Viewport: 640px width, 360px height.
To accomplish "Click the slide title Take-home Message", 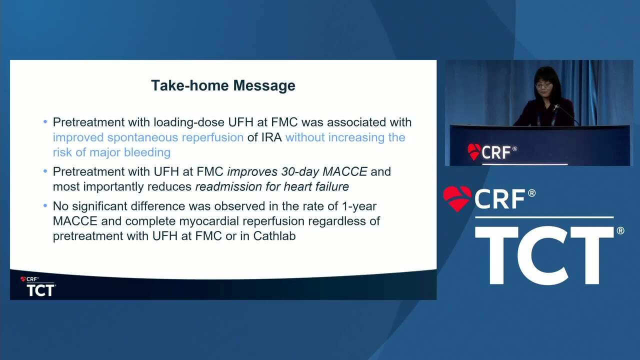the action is coord(223,85).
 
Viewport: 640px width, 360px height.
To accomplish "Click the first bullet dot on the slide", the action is coord(45,122).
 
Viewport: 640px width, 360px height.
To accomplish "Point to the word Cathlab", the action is coord(274,236).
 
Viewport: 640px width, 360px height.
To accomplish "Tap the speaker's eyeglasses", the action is coord(543,85).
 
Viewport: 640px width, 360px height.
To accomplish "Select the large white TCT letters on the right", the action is coord(544,255).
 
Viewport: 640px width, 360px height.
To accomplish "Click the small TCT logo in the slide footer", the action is coord(41,290).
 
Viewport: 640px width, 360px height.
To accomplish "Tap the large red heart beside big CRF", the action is coord(457,198).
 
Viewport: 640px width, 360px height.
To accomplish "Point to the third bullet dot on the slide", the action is coord(45,205).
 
